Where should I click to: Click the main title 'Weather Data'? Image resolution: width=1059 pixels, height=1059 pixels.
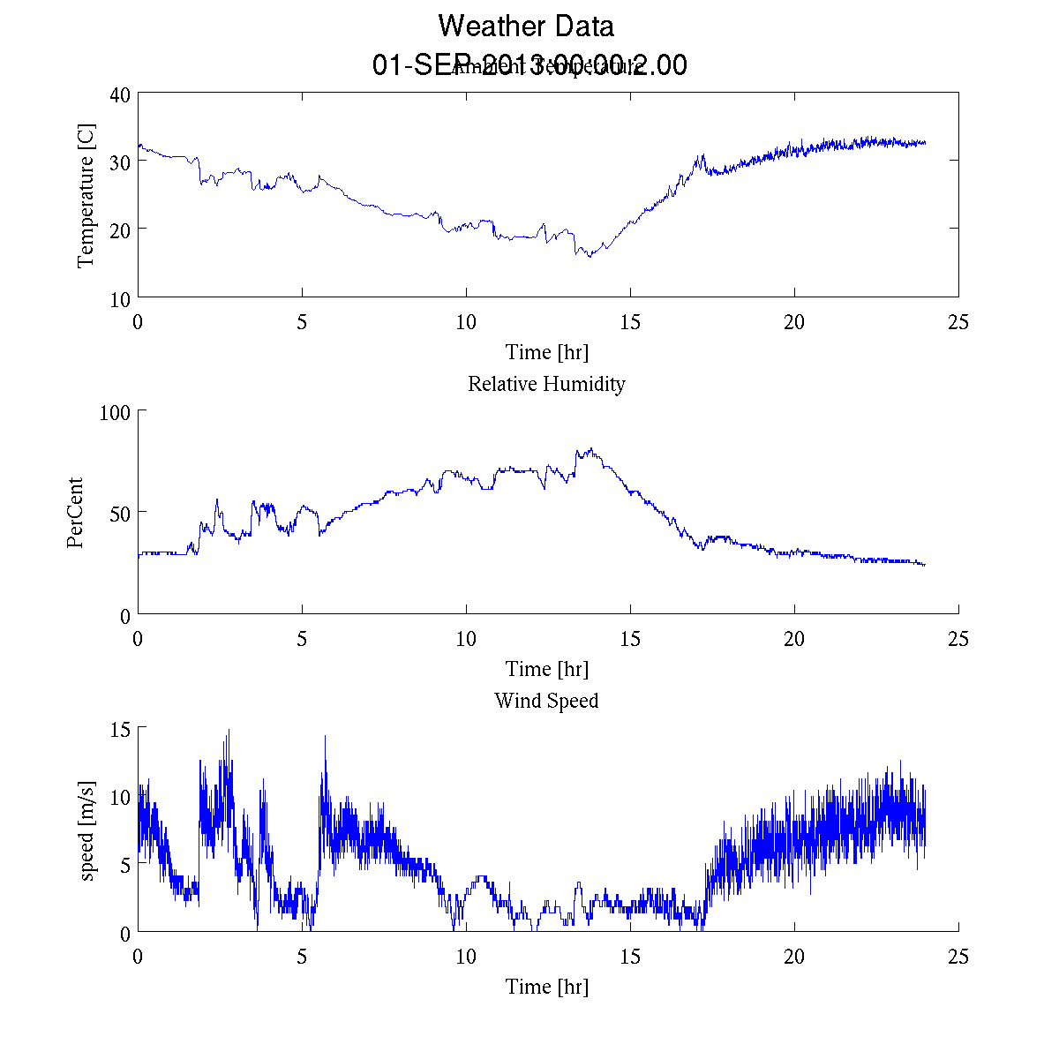point(526,26)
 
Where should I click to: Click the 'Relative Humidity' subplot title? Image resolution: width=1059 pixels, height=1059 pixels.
point(546,384)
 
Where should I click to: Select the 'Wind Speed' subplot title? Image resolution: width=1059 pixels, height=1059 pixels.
point(546,701)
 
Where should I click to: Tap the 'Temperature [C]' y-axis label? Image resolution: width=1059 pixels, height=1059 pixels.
point(86,196)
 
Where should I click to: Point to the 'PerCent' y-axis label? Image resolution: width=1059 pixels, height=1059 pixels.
point(75,513)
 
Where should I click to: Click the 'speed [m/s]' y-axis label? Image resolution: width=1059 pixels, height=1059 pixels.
point(86,830)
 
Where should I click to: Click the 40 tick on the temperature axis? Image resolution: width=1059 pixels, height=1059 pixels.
point(120,95)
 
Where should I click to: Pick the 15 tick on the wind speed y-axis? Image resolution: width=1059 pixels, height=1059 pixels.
point(120,729)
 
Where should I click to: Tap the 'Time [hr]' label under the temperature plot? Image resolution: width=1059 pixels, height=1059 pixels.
point(546,352)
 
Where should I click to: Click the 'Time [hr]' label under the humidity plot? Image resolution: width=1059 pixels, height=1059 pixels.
point(546,669)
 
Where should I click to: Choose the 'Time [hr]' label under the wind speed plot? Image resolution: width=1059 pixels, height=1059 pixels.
point(546,986)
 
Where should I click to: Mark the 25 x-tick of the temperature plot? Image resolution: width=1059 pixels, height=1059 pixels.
point(958,322)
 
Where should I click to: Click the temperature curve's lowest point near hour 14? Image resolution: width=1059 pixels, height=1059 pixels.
point(590,256)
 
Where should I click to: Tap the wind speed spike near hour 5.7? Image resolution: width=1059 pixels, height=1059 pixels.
point(325,736)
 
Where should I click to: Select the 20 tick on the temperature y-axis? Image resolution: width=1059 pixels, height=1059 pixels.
point(120,229)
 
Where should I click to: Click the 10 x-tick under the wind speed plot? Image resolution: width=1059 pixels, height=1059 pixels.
point(466,957)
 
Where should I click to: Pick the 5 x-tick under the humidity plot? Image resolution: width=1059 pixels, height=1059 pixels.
point(302,639)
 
